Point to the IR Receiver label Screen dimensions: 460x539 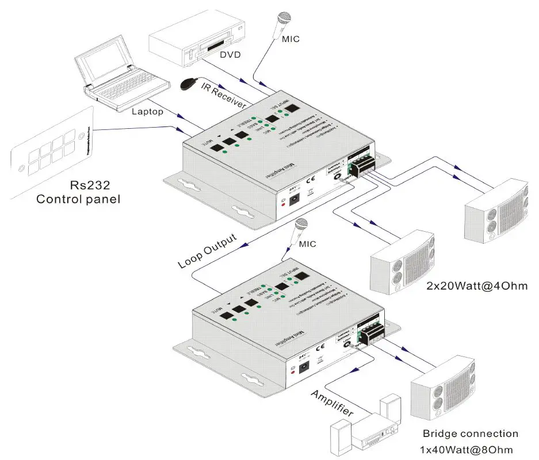[x=223, y=95]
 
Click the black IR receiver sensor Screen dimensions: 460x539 [x=187, y=85]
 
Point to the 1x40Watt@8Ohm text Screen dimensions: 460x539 [x=466, y=449]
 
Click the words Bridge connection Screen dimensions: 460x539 [x=471, y=434]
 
